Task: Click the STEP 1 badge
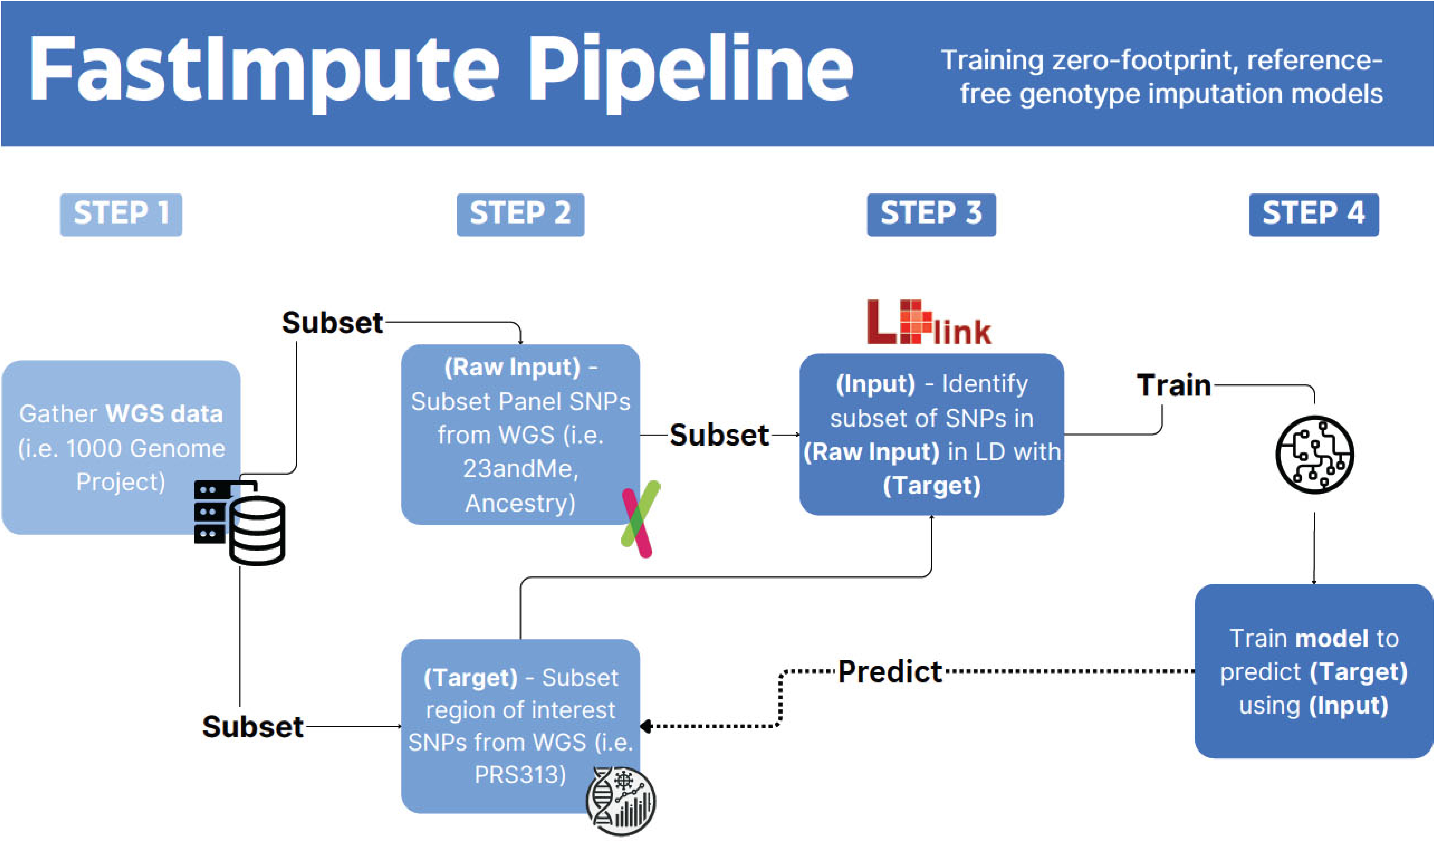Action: click(121, 214)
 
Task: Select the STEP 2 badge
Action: click(520, 214)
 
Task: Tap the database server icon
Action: click(239, 522)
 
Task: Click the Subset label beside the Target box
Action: click(252, 727)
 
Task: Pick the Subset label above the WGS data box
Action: click(332, 323)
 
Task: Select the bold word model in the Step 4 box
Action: click(1331, 639)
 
